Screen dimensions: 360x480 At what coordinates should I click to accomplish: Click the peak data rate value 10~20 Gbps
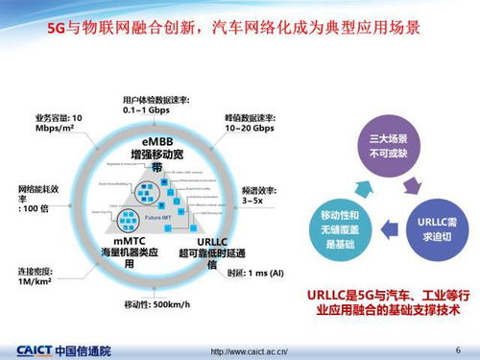(252, 127)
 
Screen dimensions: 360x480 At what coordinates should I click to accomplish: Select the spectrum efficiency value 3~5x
(254, 200)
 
